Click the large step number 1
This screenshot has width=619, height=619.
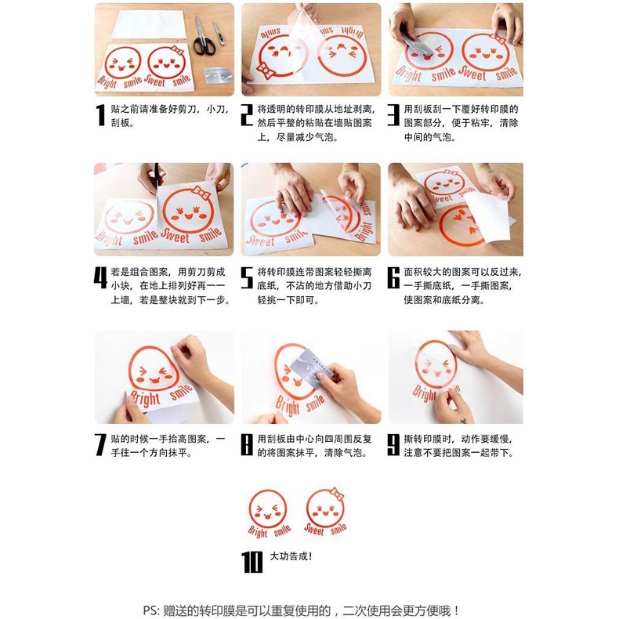click(101, 115)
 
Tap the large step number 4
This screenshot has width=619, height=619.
click(100, 278)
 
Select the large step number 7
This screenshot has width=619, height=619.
click(100, 445)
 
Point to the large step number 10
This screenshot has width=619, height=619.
click(252, 562)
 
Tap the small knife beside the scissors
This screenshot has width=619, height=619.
click(219, 33)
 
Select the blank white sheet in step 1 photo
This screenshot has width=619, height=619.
click(148, 24)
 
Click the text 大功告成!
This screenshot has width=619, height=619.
click(291, 556)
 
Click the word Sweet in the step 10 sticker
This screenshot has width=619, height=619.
click(314, 529)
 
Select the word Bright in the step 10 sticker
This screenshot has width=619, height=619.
click(258, 532)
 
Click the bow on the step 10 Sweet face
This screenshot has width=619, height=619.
click(337, 494)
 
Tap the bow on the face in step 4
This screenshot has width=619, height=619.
click(201, 193)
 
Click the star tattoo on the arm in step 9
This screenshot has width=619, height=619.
click(463, 421)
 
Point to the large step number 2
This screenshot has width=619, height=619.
click(247, 115)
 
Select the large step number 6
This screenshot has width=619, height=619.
click(393, 278)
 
